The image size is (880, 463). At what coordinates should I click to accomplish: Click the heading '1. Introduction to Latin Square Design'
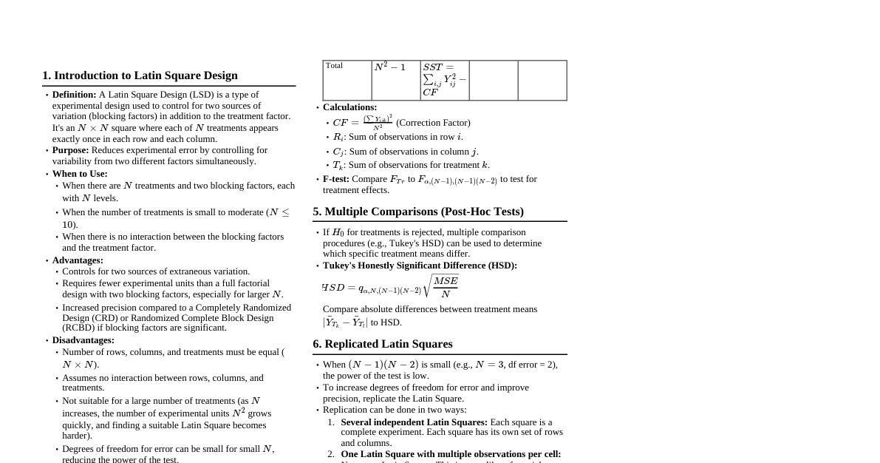click(x=140, y=75)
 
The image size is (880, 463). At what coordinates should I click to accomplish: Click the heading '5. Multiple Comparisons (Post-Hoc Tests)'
click(x=418, y=212)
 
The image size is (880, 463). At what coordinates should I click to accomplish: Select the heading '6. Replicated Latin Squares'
click(x=383, y=344)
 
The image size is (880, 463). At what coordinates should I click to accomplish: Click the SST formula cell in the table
click(x=444, y=79)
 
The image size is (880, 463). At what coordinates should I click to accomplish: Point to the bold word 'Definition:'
click(x=74, y=95)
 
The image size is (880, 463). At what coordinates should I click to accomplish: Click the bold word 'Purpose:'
click(x=70, y=150)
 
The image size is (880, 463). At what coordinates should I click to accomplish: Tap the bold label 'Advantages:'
click(x=78, y=260)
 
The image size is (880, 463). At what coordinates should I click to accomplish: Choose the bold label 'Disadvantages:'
click(x=83, y=340)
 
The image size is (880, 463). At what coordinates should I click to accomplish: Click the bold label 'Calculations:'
click(x=349, y=107)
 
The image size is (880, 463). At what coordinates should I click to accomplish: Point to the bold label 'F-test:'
click(x=336, y=179)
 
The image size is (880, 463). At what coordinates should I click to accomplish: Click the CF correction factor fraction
click(x=378, y=122)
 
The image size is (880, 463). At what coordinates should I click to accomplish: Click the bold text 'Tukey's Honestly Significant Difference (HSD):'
click(x=420, y=266)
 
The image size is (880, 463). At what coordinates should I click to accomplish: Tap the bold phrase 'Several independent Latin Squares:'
click(x=414, y=422)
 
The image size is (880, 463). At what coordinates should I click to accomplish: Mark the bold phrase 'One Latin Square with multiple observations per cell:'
click(x=451, y=454)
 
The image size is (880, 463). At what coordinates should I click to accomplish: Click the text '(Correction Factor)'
click(x=433, y=123)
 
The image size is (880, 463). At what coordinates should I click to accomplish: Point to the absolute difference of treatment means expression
click(x=345, y=322)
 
